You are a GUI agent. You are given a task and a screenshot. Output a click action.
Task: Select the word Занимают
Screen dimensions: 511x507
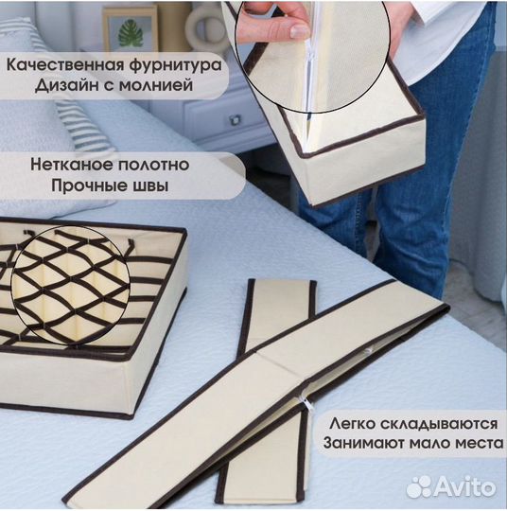[364, 442]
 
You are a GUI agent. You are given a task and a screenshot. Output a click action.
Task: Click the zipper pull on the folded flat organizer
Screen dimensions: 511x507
[306, 401]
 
